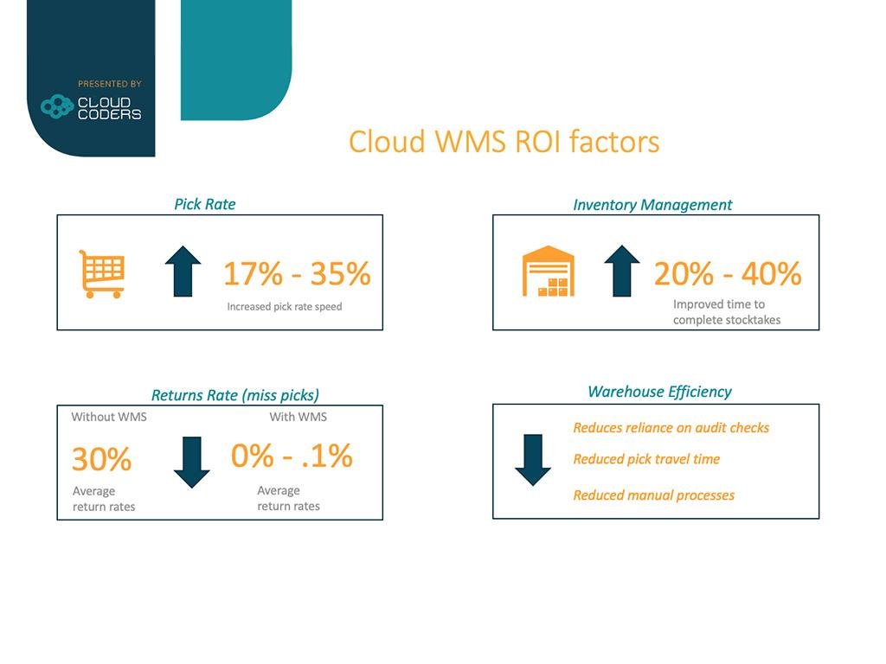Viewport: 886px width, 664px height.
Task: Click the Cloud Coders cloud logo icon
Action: coord(57,106)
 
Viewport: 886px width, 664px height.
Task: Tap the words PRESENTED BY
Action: coord(110,84)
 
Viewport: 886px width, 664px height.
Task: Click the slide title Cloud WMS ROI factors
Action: coord(504,141)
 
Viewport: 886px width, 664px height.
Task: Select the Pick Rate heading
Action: coord(204,204)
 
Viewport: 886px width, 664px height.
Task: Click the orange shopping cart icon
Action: coord(102,274)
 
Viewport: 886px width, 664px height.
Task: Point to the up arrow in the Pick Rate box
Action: coord(183,271)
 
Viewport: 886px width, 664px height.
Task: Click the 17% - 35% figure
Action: coord(298,273)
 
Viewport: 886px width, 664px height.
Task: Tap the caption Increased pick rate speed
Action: coord(284,307)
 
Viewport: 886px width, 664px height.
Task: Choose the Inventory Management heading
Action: coord(652,204)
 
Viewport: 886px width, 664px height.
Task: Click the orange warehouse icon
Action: coord(548,271)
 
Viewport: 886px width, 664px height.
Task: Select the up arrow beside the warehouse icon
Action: coord(621,271)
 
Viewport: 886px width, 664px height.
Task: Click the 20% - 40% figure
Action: coord(728,273)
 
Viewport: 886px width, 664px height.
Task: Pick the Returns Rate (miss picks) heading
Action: coord(235,394)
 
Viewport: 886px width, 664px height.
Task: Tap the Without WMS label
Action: coord(109,417)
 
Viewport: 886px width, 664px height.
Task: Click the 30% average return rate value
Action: coord(102,458)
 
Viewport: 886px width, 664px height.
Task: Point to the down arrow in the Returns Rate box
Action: coord(191,463)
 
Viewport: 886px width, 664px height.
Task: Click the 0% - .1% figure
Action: coord(292,455)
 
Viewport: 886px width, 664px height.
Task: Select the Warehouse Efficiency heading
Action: coord(659,392)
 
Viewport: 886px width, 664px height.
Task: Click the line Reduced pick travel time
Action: coord(646,459)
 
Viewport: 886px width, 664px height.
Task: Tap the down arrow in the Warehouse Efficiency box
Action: coord(533,460)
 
